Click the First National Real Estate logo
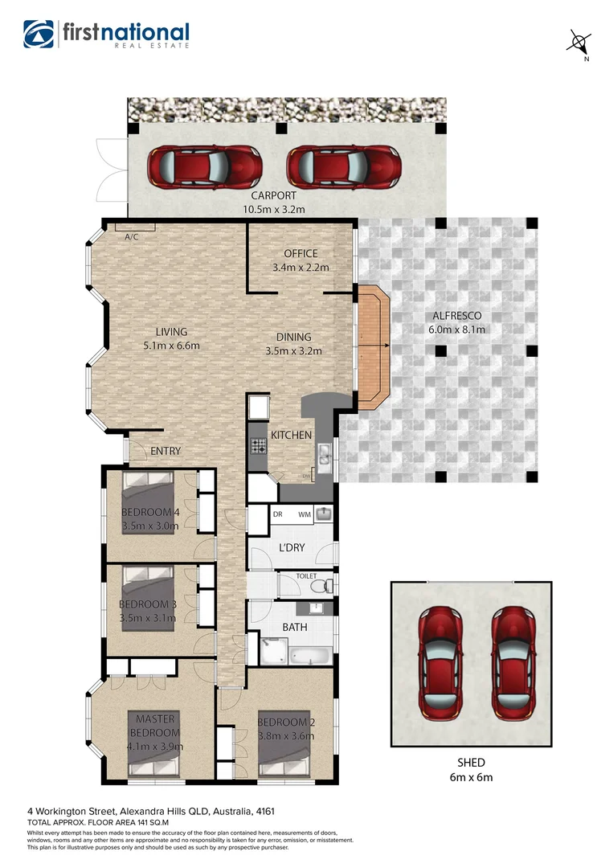point(107,34)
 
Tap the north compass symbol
point(576,42)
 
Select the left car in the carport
point(204,166)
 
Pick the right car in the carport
point(344,166)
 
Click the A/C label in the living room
point(130,236)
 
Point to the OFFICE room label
point(301,254)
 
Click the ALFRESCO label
point(456,316)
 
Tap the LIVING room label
point(171,332)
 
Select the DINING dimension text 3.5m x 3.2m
point(293,350)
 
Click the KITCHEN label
point(291,435)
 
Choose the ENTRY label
point(166,452)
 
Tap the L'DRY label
point(290,547)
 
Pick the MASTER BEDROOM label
point(155,725)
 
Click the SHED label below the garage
point(471,763)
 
